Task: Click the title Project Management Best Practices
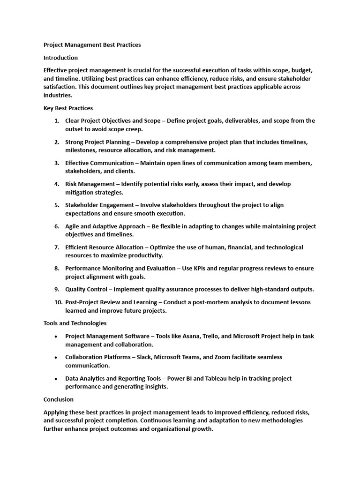(x=92, y=45)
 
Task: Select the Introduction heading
(x=60, y=58)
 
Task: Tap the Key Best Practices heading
(x=68, y=108)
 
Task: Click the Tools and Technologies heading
(x=75, y=323)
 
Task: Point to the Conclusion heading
(x=59, y=399)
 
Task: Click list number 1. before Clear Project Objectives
(x=56, y=121)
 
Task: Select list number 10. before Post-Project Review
(x=58, y=302)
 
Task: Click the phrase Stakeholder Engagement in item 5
(x=99, y=205)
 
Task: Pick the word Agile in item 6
(x=73, y=226)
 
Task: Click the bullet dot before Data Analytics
(x=56, y=379)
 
